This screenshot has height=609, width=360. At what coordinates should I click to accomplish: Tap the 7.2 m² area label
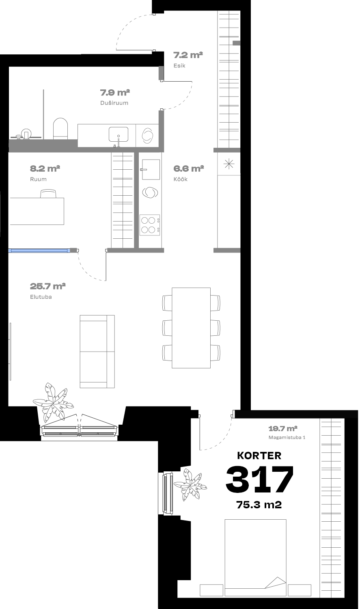tap(188, 55)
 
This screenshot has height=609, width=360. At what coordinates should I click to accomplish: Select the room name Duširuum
tap(114, 103)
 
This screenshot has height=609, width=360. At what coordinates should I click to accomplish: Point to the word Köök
tap(181, 179)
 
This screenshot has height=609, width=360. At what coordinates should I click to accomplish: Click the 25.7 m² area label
tap(48, 286)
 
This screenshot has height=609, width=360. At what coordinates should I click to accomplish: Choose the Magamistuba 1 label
tap(287, 437)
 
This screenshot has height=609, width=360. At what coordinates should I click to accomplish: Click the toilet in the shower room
tap(60, 128)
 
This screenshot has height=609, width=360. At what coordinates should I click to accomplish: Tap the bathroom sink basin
tap(119, 134)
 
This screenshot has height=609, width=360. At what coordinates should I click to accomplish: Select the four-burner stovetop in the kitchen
tap(150, 225)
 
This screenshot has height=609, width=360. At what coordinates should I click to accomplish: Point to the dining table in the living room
tap(191, 328)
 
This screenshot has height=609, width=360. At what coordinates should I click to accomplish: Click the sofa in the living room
tap(97, 352)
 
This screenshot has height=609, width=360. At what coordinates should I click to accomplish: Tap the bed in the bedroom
tap(255, 557)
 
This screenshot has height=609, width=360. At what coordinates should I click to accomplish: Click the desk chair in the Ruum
tap(49, 194)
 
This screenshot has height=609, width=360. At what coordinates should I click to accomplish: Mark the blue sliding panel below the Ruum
tap(38, 251)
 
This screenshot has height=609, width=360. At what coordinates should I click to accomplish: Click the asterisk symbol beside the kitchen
tap(229, 164)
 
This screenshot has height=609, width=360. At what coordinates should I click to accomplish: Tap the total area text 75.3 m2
tap(259, 505)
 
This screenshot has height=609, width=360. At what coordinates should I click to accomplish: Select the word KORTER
tap(259, 456)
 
